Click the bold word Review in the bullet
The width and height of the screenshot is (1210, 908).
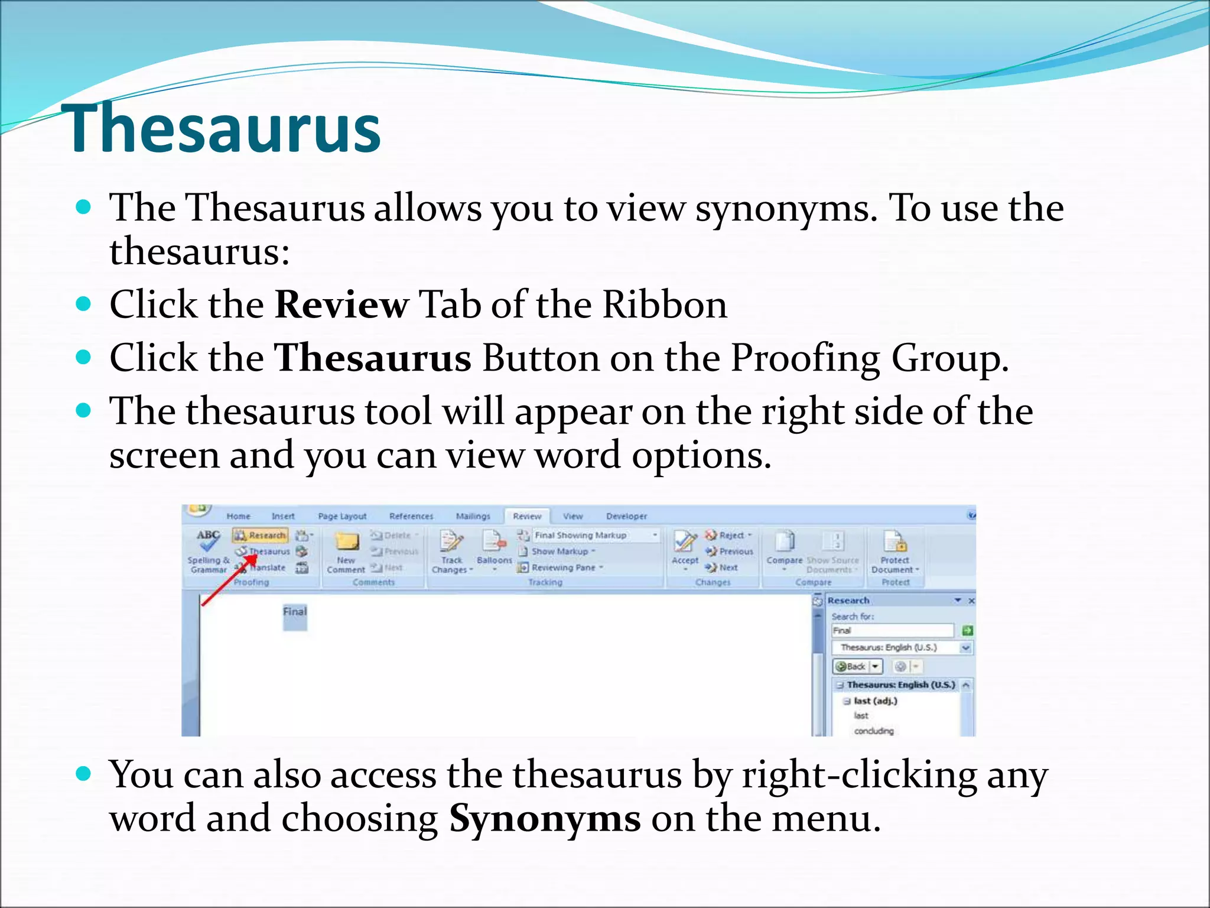[341, 305]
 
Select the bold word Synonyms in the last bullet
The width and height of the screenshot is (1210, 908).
[544, 819]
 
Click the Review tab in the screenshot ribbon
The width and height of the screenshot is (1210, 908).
[526, 516]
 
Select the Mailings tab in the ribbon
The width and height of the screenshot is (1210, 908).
[473, 516]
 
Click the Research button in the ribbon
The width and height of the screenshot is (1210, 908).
[260, 536]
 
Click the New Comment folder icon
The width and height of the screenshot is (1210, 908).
[347, 541]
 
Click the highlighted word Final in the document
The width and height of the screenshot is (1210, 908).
[295, 612]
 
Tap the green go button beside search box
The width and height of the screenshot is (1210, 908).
[967, 631]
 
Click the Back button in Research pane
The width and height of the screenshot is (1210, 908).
[851, 667]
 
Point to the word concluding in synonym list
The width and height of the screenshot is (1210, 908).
[873, 731]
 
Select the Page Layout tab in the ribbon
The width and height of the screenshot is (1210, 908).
[342, 516]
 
